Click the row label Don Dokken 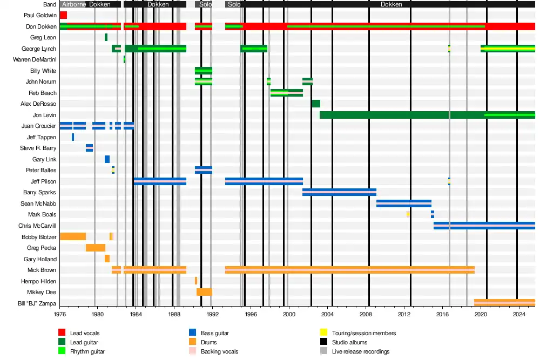click(x=41, y=26)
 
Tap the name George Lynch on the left click(x=39, y=49)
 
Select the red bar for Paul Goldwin click(x=63, y=15)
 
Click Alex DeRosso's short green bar click(x=315, y=104)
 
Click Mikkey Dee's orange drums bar click(x=204, y=292)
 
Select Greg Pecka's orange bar click(x=95, y=248)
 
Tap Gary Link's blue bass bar click(x=107, y=159)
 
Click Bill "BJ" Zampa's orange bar click(x=504, y=303)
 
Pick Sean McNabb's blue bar click(x=403, y=203)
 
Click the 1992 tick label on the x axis click(x=212, y=314)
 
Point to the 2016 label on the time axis click(x=442, y=314)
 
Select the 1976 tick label click(x=60, y=314)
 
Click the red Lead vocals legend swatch click(x=62, y=333)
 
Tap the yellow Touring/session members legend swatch click(x=324, y=333)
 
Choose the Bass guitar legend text click(x=214, y=334)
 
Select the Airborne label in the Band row click(x=73, y=4)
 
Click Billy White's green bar click(x=203, y=71)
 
